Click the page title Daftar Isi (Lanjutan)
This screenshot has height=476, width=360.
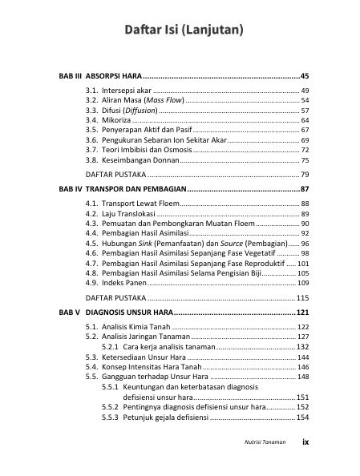click(x=184, y=31)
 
